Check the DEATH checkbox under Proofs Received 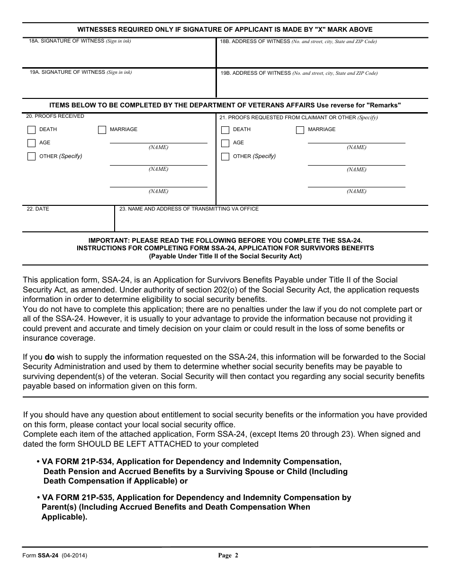pos(31,130)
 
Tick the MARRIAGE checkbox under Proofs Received pos(102,130)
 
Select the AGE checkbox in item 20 pos(31,143)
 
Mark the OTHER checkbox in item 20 pos(31,157)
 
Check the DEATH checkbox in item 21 pos(225,130)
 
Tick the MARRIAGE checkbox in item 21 pos(300,130)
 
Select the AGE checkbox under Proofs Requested pos(225,143)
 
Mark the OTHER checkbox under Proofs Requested pos(225,157)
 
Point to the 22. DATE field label pos(38,209)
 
